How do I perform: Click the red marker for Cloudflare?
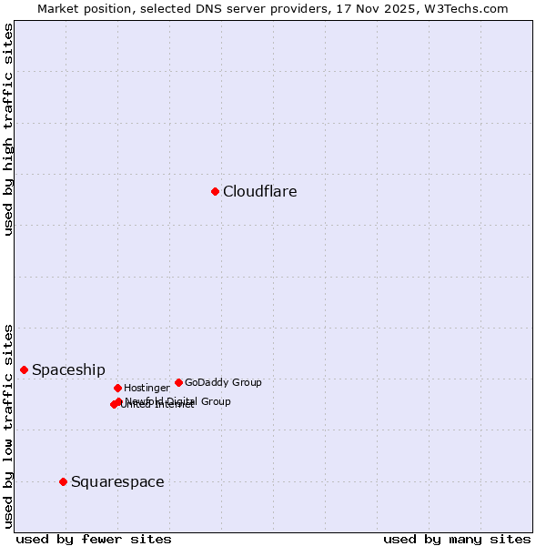tap(215, 191)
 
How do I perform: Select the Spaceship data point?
tap(24, 369)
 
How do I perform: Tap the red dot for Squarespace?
tap(63, 481)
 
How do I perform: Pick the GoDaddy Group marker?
tap(178, 382)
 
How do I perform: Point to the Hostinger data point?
tap(117, 388)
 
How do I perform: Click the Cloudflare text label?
tap(259, 191)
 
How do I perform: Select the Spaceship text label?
tap(68, 369)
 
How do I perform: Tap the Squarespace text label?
tap(117, 481)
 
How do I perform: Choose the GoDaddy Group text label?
tap(223, 382)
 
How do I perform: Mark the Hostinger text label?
tap(147, 388)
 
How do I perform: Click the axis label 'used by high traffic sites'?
tap(8, 129)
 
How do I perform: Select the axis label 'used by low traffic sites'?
tap(8, 425)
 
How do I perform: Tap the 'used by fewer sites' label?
tap(94, 539)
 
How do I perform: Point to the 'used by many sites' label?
tap(456, 539)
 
